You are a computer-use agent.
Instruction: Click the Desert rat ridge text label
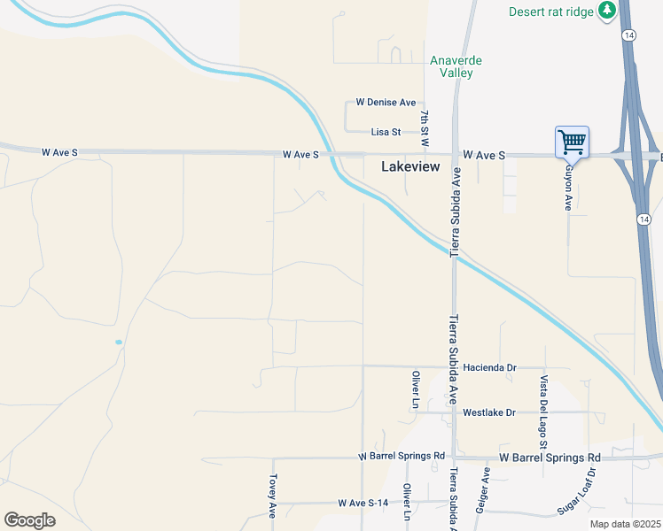551,12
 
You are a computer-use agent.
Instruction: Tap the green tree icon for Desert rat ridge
606,11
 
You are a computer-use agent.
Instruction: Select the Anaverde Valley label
456,66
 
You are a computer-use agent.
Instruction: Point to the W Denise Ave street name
386,103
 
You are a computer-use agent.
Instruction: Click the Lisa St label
386,132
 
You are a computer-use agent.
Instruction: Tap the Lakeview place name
410,165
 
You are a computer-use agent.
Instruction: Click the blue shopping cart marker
573,142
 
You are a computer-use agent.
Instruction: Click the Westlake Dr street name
489,412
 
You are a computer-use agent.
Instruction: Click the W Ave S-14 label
363,503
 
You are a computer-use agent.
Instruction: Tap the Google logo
29,520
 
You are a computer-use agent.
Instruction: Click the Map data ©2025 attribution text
625,524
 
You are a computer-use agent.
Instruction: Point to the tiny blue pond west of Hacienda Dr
118,342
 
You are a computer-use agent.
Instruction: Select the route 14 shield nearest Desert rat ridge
628,35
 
